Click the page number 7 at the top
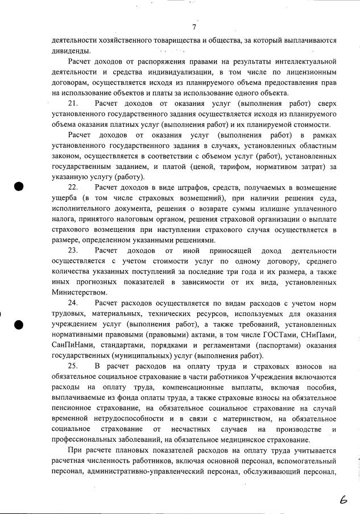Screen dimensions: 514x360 point(194,27)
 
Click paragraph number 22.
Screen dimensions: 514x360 point(72,187)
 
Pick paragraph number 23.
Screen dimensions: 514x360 point(72,250)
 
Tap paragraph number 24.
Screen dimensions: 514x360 point(72,303)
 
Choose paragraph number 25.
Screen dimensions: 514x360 point(72,366)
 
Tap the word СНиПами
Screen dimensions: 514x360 point(320,335)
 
